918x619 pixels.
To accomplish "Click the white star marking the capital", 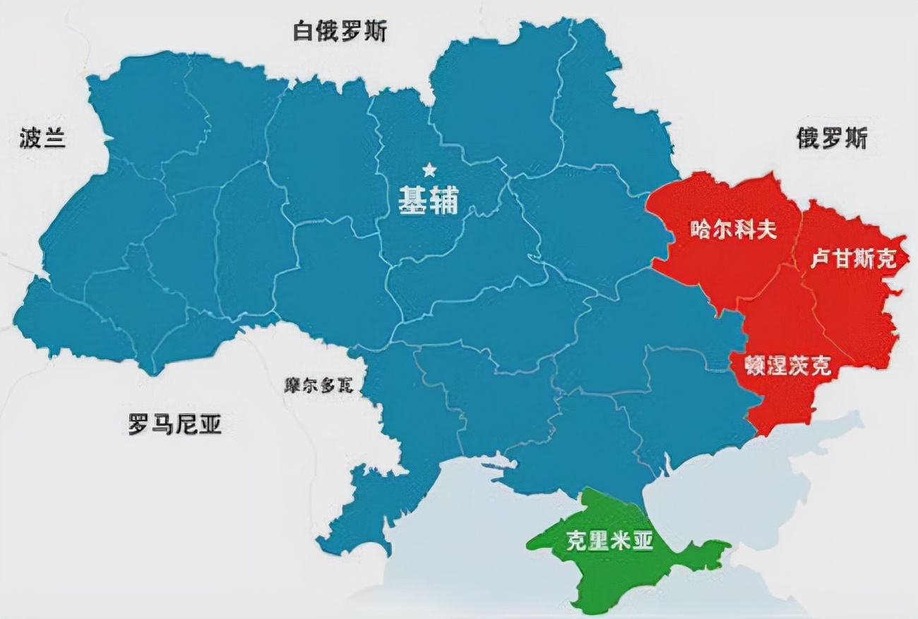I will [x=428, y=170].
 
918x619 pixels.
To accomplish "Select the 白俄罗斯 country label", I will [x=340, y=32].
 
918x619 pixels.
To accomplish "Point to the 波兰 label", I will [x=42, y=138].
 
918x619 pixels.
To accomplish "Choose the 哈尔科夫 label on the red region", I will [x=732, y=230].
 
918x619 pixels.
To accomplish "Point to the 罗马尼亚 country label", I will [x=174, y=425].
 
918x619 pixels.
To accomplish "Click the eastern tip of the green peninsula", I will [x=727, y=545].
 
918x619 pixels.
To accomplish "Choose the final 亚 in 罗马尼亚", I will [x=210, y=425].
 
